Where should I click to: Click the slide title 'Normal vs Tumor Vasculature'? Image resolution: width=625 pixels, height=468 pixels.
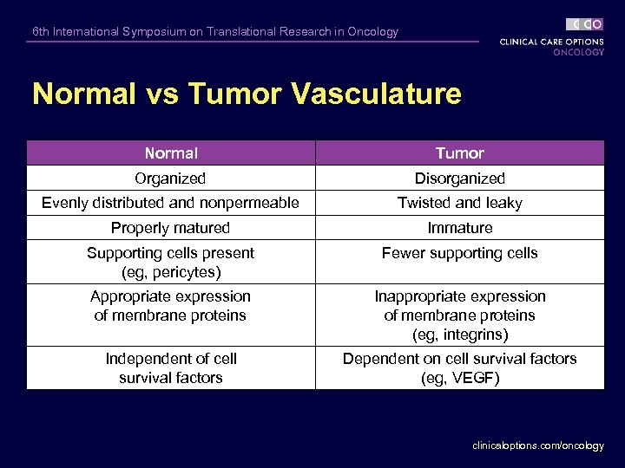(247, 94)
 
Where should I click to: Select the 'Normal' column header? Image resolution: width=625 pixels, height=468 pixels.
(171, 153)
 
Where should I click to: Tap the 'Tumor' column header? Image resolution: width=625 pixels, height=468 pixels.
(459, 153)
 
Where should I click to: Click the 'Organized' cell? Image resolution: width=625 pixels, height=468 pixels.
(170, 179)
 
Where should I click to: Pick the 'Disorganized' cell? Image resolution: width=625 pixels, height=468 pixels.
(459, 179)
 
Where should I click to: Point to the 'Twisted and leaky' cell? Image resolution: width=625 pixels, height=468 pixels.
(459, 203)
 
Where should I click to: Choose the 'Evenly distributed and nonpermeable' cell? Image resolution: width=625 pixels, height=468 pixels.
(170, 203)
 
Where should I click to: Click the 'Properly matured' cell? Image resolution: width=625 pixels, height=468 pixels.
(170, 228)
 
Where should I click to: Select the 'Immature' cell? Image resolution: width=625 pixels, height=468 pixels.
(459, 228)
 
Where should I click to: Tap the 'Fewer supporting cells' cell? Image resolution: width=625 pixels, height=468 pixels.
(459, 253)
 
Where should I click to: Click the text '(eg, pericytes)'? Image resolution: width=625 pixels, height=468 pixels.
(170, 272)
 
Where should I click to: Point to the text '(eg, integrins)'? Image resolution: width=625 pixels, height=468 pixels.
(459, 335)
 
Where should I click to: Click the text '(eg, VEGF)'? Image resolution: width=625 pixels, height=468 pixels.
(459, 378)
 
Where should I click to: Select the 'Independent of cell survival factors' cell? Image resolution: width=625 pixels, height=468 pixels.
(170, 368)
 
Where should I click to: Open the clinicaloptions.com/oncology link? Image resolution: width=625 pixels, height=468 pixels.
(537, 445)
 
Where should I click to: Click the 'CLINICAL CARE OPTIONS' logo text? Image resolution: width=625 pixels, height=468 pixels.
(551, 41)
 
